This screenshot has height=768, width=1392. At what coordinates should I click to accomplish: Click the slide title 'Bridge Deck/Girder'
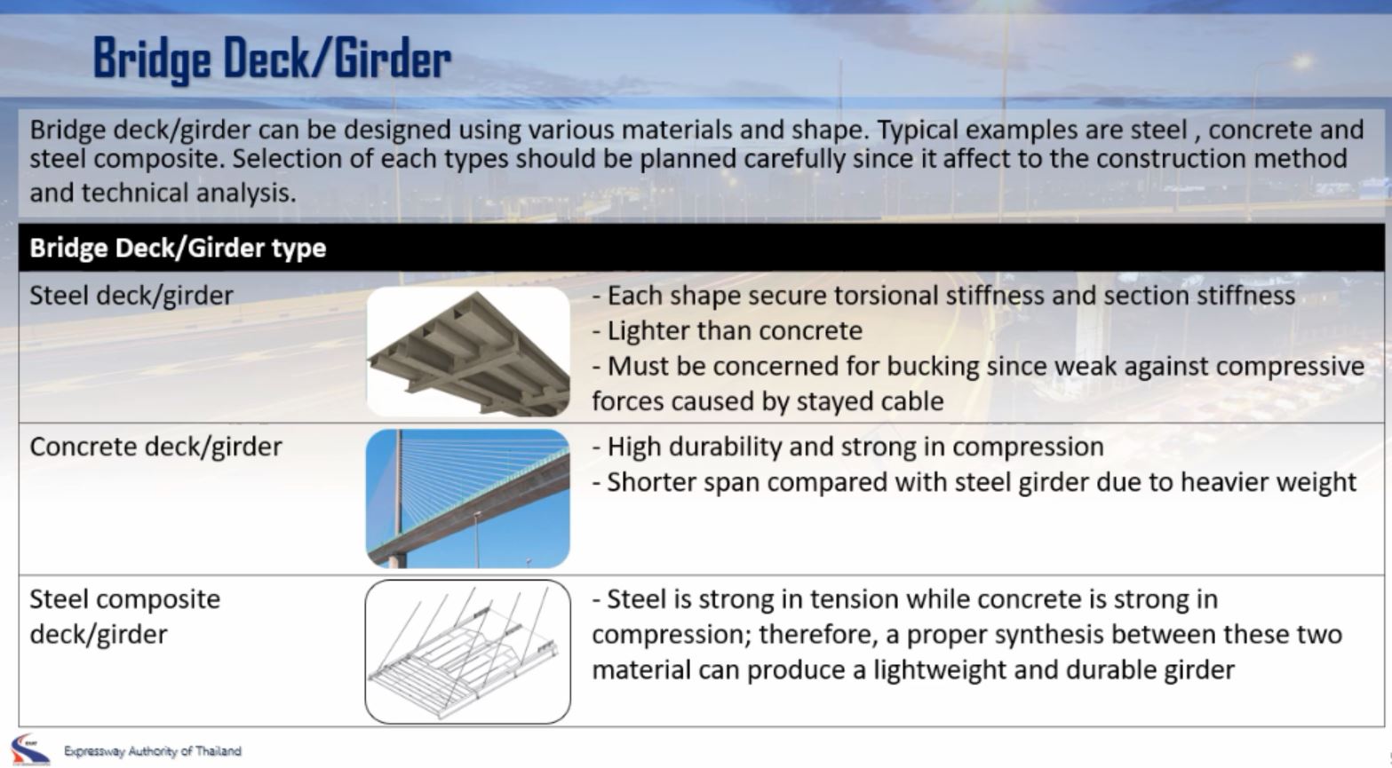272,59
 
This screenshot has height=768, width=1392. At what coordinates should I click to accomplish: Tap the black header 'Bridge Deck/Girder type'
178,248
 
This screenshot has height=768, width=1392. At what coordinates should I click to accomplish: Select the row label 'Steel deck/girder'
131,296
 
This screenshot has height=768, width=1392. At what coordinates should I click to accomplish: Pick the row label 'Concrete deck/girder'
155,447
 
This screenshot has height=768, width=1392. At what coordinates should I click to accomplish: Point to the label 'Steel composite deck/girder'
125,616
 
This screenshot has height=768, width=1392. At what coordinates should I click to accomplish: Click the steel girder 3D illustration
468,352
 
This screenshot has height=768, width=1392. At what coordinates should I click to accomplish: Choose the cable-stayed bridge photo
468,499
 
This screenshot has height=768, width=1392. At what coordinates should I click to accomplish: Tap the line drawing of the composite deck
468,652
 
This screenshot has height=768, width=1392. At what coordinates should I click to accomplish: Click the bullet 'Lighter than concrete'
728,331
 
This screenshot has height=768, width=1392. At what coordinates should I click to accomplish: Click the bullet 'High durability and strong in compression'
848,447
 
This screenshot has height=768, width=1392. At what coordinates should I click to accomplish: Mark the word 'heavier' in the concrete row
1224,482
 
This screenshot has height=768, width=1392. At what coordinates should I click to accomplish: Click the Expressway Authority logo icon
30,749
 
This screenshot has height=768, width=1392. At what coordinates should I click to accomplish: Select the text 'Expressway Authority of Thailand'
152,751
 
